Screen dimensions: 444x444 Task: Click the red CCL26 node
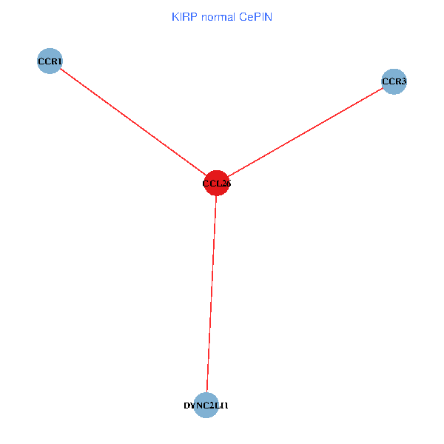[216, 183]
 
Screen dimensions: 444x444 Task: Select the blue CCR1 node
[50, 61]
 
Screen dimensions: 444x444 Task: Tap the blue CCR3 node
[394, 81]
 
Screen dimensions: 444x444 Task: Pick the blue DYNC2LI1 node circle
[206, 405]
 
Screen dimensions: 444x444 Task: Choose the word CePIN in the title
[256, 16]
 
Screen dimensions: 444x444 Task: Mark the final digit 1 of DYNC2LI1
[226, 406]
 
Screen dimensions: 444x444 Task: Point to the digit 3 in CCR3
[404, 81]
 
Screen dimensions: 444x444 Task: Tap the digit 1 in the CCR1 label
[59, 60]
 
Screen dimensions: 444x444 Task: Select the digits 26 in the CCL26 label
[226, 183]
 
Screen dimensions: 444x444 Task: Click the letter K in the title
[175, 16]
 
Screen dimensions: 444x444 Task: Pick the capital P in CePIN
[258, 16]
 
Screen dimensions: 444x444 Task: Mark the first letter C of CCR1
[41, 60]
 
